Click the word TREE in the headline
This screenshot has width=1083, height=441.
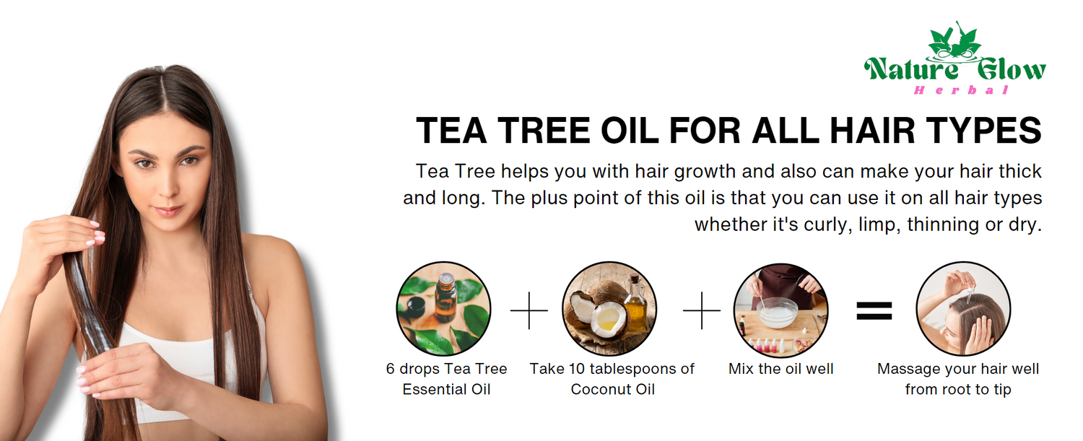pos(544,130)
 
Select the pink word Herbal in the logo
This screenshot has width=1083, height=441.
pos(961,90)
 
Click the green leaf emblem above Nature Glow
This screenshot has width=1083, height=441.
pos(955,42)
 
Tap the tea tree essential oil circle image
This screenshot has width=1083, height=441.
pos(443,309)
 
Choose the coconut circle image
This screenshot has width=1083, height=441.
pos(609,309)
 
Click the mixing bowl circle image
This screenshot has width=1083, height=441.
pos(780,310)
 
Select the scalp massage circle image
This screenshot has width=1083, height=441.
pos(963,309)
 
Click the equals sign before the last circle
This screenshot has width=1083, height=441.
pos(874,310)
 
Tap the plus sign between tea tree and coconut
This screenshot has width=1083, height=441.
pos(529,310)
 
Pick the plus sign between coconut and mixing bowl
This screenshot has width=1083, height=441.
pos(702,310)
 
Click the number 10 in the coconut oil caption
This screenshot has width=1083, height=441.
pos(577,369)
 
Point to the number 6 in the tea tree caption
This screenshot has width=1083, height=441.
pos(390,369)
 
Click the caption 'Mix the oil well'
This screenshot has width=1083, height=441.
pos(780,369)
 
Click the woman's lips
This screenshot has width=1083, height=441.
pos(168,211)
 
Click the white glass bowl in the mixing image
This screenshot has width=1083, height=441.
pos(778,313)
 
